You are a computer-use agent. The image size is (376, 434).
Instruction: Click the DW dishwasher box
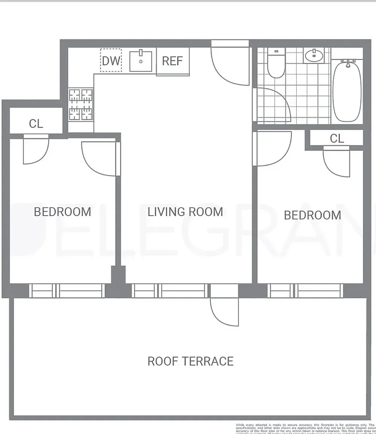click(111, 60)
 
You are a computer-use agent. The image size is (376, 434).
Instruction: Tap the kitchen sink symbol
click(141, 61)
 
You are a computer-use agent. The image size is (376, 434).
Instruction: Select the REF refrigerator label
click(172, 61)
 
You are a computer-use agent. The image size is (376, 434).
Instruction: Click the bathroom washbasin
click(313, 56)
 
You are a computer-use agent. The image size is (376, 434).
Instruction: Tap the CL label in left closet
click(36, 124)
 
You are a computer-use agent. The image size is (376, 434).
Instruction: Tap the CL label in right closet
click(337, 139)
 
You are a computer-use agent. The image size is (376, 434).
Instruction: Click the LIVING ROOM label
click(185, 212)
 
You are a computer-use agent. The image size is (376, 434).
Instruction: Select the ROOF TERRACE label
click(190, 361)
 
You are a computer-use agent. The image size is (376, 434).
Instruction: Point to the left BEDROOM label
click(63, 212)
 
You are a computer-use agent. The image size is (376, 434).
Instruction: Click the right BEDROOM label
click(312, 215)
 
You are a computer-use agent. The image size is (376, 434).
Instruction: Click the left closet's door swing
click(35, 151)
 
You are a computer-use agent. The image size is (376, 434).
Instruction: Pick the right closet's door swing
click(337, 163)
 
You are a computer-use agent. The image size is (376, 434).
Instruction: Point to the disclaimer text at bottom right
click(306, 429)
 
